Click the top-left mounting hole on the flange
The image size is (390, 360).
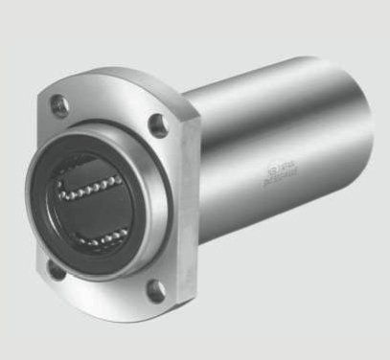click(x=61, y=105)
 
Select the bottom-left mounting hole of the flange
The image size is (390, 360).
click(x=57, y=272)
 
